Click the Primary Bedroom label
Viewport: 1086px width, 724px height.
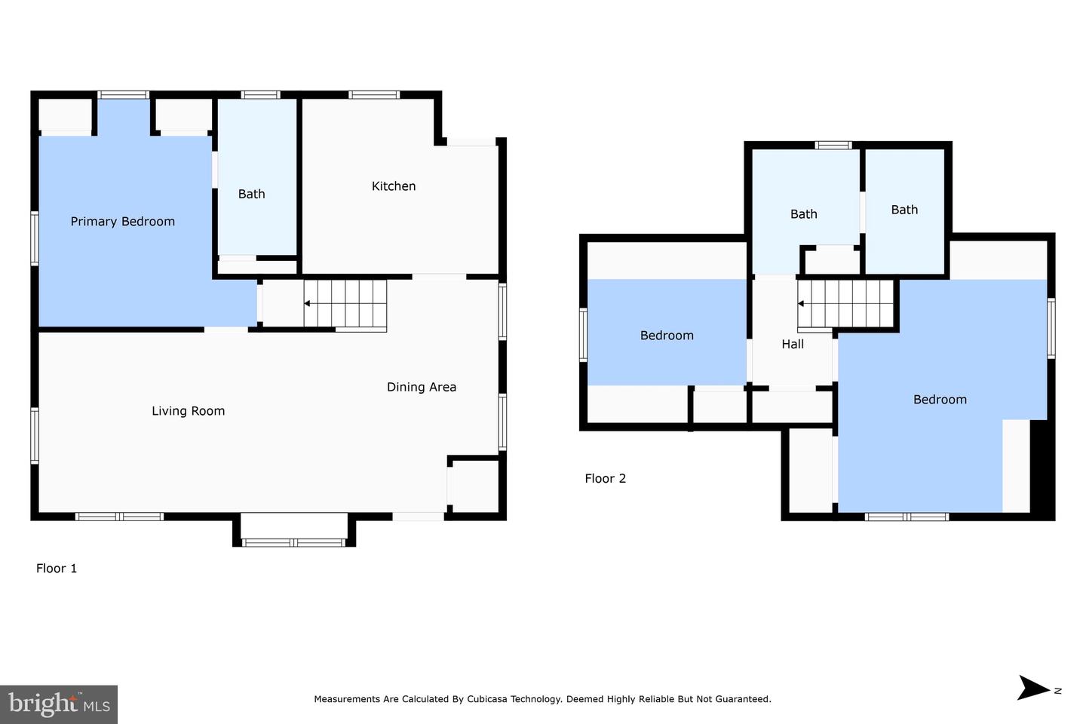[x=122, y=221]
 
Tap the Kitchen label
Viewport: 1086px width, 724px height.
[x=393, y=186]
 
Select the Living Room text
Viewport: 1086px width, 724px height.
[x=188, y=411]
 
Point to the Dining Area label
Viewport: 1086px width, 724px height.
[x=421, y=387]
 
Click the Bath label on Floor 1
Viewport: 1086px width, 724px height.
[x=251, y=194]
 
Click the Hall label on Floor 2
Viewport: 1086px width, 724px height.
[x=792, y=344]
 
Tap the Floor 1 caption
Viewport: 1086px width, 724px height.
[x=57, y=569]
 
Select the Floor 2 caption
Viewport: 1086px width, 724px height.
[x=605, y=478]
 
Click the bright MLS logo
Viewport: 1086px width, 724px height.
[x=59, y=704]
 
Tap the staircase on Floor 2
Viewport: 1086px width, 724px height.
[x=845, y=304]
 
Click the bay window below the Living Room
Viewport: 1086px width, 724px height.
[x=293, y=541]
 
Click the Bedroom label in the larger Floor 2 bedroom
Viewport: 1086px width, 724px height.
[x=939, y=400]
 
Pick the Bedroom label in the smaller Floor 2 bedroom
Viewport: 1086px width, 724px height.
[x=666, y=336]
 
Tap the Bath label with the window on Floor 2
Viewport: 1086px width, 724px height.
[x=803, y=214]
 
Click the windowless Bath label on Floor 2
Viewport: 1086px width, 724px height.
[x=903, y=210]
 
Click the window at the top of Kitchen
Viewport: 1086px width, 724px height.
[x=373, y=95]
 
